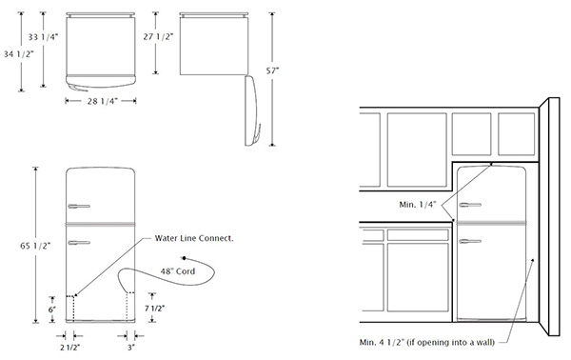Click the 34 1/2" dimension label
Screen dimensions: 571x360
[19, 54]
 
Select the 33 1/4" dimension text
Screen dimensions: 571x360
[44, 37]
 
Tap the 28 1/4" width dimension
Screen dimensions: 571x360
[101, 101]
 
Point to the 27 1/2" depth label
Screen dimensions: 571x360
[158, 36]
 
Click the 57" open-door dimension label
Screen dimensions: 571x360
[272, 70]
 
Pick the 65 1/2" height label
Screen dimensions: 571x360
[35, 246]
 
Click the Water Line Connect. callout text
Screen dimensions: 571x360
[194, 238]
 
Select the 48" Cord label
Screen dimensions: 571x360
[178, 271]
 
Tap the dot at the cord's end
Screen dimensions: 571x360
[185, 258]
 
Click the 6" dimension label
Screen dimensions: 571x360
[52, 310]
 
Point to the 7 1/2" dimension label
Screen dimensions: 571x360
[154, 309]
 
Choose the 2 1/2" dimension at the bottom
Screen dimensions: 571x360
[69, 348]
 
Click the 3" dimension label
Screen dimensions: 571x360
[131, 348]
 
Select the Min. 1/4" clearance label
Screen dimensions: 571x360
[418, 205]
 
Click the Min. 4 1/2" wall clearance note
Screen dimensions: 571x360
[427, 342]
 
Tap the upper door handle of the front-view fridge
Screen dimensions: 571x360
[79, 207]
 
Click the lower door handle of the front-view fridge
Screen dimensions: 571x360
[79, 243]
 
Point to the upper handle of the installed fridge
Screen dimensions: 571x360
[470, 205]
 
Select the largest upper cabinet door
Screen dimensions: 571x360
[417, 150]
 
